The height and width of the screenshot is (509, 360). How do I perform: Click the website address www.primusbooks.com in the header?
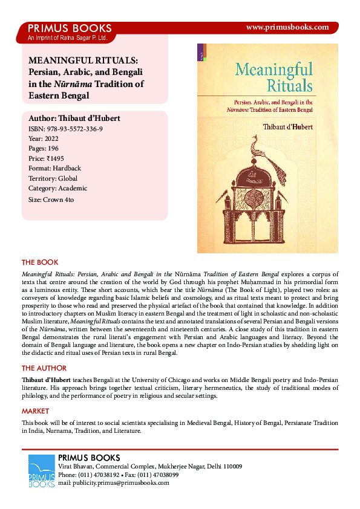tap(288, 27)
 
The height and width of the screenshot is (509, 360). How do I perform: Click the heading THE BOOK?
tap(40, 262)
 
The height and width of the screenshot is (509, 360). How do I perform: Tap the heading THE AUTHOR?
tap(44, 368)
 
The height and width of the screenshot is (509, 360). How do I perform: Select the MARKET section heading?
tap(36, 411)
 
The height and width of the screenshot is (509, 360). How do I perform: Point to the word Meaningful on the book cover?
tap(274, 68)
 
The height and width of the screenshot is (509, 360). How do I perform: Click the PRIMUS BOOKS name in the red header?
tap(70, 28)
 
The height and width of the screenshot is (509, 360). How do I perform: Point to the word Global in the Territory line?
tap(68, 178)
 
